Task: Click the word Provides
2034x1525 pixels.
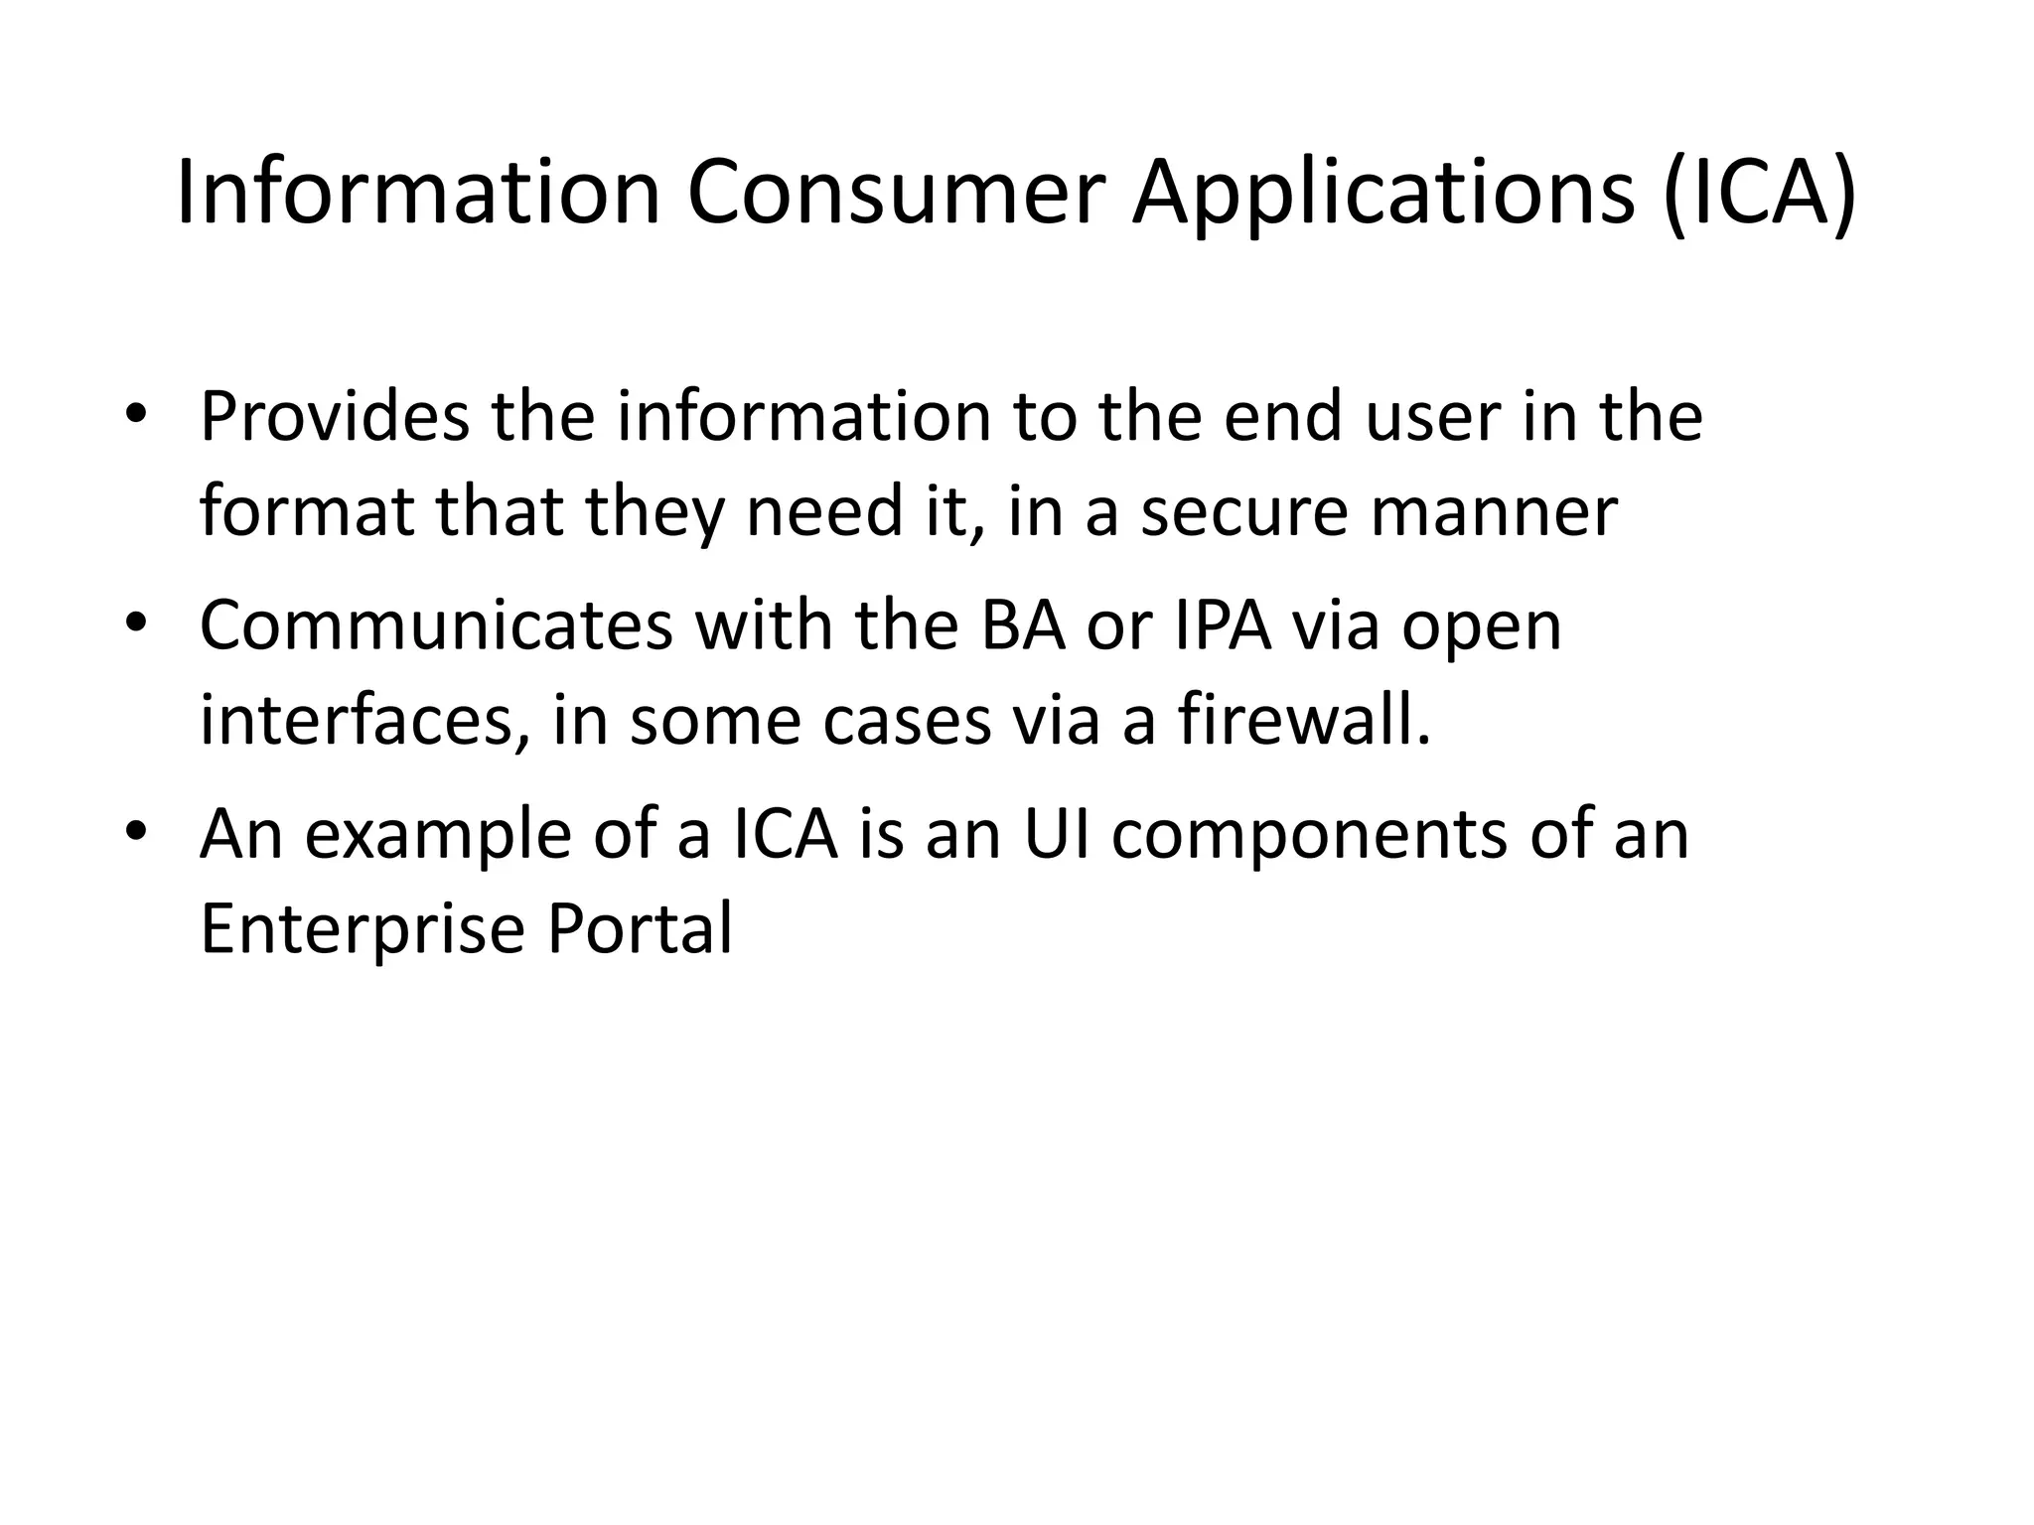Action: (335, 417)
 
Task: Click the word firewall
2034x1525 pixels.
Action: (1304, 720)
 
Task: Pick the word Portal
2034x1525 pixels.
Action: (640, 928)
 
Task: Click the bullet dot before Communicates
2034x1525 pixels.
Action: (136, 625)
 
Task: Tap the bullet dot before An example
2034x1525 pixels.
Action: (136, 831)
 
